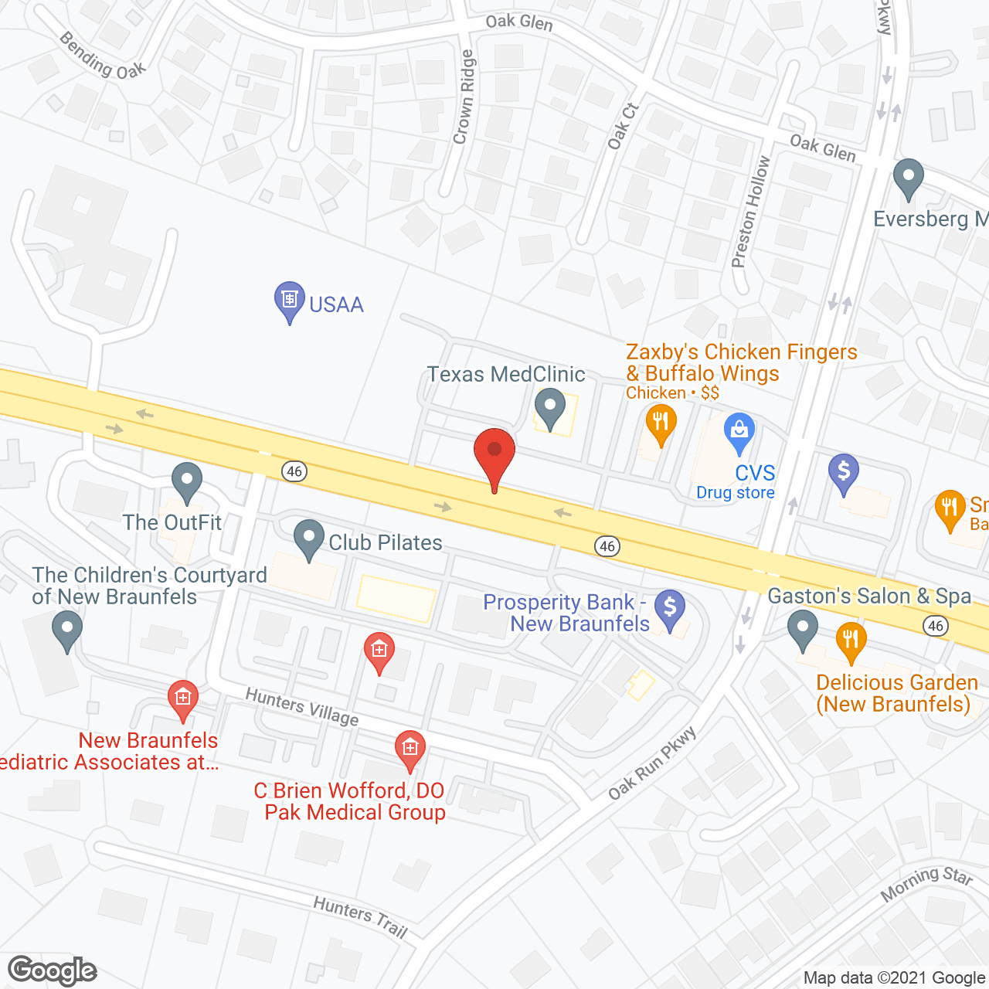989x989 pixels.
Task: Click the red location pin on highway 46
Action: click(494, 453)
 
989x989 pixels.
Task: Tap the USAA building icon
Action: click(290, 300)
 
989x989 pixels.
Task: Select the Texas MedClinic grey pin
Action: click(549, 406)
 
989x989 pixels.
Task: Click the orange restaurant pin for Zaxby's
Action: click(661, 423)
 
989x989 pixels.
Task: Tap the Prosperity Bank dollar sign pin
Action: click(670, 607)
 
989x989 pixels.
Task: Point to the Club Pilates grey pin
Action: click(309, 538)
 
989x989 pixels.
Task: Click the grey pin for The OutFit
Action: click(186, 481)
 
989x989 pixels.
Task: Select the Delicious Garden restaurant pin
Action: click(851, 641)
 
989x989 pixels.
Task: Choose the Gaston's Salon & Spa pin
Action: click(803, 628)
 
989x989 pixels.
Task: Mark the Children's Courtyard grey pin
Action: click(67, 629)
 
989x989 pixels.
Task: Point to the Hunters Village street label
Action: click(302, 707)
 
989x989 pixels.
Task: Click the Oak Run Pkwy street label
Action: click(652, 764)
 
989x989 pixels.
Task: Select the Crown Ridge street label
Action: click(463, 97)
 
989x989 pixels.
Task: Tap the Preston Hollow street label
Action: click(750, 212)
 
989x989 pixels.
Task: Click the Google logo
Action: click(52, 970)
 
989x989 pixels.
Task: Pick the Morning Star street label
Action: click(926, 882)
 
